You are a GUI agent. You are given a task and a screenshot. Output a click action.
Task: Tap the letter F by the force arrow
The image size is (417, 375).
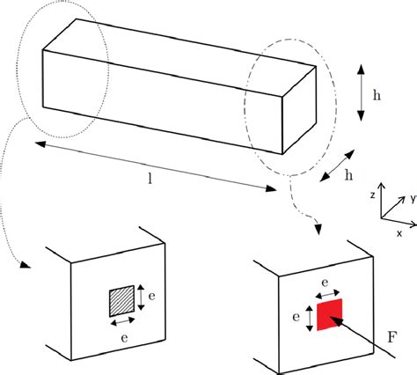(x=392, y=335)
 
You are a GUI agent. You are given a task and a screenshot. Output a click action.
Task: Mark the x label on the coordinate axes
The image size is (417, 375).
(x=399, y=232)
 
